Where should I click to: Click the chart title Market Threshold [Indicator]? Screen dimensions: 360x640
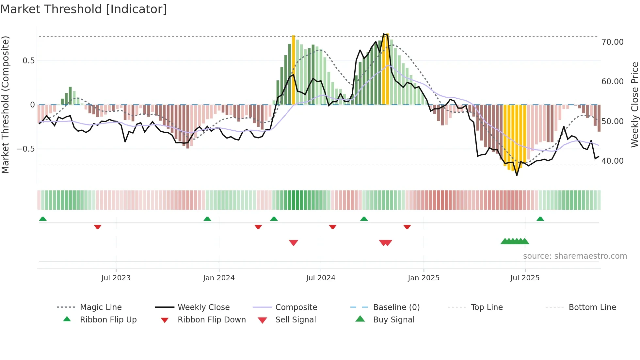click(84, 9)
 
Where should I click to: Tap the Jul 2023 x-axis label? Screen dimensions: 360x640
click(116, 278)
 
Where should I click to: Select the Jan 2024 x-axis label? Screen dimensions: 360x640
click(218, 278)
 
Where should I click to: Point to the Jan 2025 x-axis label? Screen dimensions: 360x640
click(424, 278)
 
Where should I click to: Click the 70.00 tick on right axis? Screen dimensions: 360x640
click(612, 42)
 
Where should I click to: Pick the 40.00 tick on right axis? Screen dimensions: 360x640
click(612, 161)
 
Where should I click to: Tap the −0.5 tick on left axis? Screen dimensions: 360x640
click(25, 149)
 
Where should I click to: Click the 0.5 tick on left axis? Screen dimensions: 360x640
click(28, 61)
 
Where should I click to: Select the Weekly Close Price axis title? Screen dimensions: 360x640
click(634, 105)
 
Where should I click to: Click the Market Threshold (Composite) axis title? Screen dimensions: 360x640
click(5, 105)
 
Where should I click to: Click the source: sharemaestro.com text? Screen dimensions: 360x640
click(575, 256)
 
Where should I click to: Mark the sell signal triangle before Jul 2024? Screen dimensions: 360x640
click(293, 243)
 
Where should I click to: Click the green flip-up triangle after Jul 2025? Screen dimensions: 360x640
click(540, 219)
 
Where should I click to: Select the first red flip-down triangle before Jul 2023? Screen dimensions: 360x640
click(97, 227)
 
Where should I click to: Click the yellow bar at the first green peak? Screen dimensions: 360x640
click(293, 70)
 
